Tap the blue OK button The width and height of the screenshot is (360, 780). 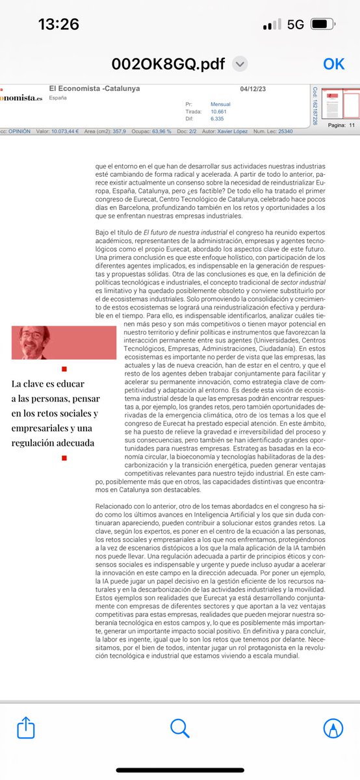(334, 63)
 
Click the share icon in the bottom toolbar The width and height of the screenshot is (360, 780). (26, 727)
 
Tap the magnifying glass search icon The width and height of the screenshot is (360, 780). (179, 727)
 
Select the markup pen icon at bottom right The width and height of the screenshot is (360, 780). (333, 728)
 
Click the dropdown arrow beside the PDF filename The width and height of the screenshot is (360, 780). (240, 64)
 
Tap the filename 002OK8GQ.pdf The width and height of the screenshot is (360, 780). (168, 64)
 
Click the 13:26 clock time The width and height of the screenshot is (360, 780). (58, 25)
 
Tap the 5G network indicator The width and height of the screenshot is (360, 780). (296, 25)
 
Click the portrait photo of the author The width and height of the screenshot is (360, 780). (64, 343)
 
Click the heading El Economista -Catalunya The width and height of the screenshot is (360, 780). (94, 89)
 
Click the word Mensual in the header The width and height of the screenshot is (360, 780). (220, 104)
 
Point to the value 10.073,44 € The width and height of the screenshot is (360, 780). (65, 131)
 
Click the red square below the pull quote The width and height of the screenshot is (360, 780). (64, 458)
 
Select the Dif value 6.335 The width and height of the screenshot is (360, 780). (218, 118)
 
